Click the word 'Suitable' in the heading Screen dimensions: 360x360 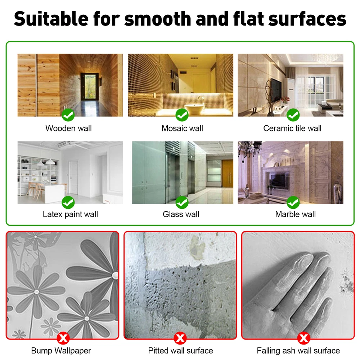(x=51, y=19)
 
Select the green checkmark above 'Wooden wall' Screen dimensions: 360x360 (x=68, y=115)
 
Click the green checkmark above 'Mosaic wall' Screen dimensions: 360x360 (x=182, y=115)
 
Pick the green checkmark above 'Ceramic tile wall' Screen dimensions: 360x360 (x=293, y=115)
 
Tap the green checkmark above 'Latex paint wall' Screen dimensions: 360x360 (x=68, y=202)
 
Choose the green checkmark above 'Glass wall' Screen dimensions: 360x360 (x=182, y=202)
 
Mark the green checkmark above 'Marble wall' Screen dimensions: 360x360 (x=293, y=202)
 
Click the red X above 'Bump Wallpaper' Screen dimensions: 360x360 (x=63, y=338)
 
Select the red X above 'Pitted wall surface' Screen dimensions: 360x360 (x=180, y=338)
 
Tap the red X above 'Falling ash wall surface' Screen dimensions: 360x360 (x=304, y=338)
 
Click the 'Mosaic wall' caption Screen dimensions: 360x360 (x=182, y=129)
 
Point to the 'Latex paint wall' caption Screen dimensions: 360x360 (x=70, y=215)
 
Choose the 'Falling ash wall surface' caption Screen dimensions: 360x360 (x=298, y=351)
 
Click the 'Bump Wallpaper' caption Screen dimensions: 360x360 (x=61, y=351)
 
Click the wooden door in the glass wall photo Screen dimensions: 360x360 (x=227, y=174)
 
